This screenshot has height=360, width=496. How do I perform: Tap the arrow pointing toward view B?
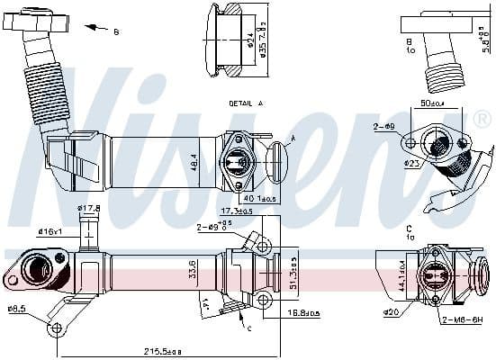[94, 28]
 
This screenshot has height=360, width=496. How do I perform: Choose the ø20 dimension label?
[391, 312]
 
